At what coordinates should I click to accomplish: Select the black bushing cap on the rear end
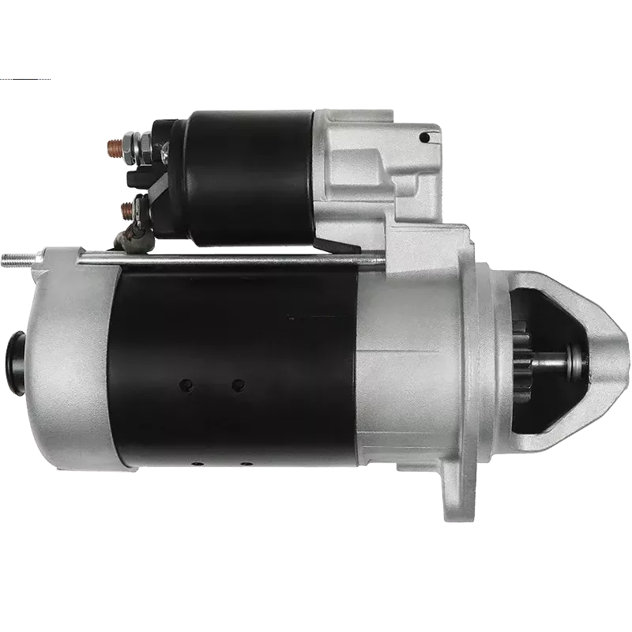[x=17, y=359]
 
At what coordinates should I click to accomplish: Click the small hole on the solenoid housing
[x=425, y=137]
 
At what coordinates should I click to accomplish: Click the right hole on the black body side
[x=238, y=385]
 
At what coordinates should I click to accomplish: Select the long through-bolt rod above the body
[x=237, y=258]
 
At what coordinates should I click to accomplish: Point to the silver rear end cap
[x=71, y=363]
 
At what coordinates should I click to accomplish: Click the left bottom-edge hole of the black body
[x=198, y=463]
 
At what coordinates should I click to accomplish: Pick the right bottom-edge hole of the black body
[x=247, y=463]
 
